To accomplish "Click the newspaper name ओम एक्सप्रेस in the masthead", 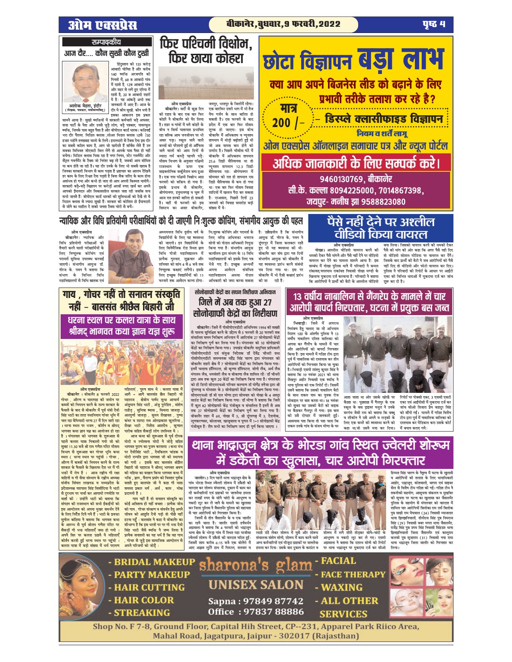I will pyautogui.click(x=102, y=25).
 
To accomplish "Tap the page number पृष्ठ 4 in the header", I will pyautogui.click(x=433, y=25).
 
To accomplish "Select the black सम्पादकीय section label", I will pyautogui.click(x=106, y=42).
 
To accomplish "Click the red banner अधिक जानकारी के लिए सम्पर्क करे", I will pyautogui.click(x=356, y=163).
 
